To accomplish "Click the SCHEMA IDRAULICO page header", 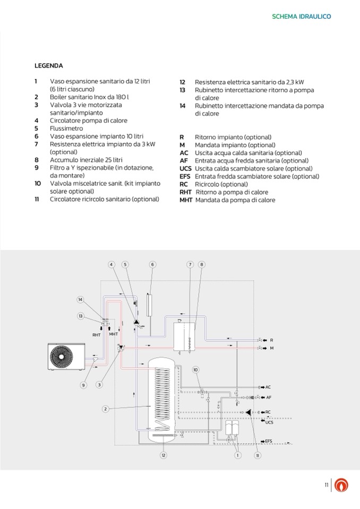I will pyautogui.click(x=301, y=16).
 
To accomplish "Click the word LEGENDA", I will pyautogui.click(x=49, y=66).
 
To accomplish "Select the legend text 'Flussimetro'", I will pyautogui.click(x=66, y=128).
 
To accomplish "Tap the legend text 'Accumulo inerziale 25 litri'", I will pyautogui.click(x=86, y=160).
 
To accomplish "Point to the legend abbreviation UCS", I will pyautogui.click(x=185, y=168).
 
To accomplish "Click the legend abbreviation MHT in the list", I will pyautogui.click(x=186, y=200).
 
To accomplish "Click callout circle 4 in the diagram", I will pyautogui.click(x=112, y=264).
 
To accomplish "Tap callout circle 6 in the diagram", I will pyautogui.click(x=152, y=264).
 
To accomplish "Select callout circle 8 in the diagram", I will pyautogui.click(x=202, y=264).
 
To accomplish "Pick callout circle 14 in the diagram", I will pyautogui.click(x=80, y=299).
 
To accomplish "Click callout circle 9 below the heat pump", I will pyautogui.click(x=83, y=385).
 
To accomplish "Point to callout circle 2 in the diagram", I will pyautogui.click(x=106, y=409).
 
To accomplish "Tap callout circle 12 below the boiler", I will pyautogui.click(x=164, y=455).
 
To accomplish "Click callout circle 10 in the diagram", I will pyautogui.click(x=195, y=369).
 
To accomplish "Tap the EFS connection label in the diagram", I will pyautogui.click(x=269, y=441).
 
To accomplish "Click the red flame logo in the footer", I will pyautogui.click(x=344, y=485).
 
